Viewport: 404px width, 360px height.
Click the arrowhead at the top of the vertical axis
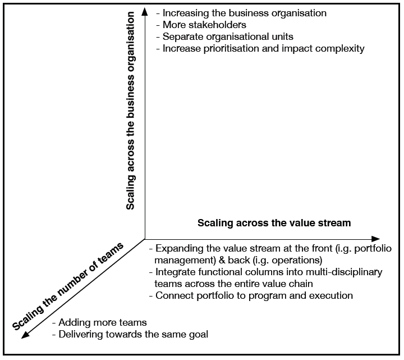coord(145,12)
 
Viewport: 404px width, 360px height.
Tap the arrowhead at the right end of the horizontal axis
coord(375,239)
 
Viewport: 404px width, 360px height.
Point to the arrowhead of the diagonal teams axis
coord(25,335)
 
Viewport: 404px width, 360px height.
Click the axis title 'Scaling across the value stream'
coord(274,223)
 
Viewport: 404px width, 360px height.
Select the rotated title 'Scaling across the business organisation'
coord(130,111)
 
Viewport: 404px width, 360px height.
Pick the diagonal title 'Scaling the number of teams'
coord(68,286)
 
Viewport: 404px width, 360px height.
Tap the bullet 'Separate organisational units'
coord(224,37)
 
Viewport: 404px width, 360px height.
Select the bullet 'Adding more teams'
coord(99,322)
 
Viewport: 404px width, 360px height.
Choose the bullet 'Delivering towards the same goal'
coord(130,334)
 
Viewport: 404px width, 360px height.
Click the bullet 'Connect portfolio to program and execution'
coord(251,295)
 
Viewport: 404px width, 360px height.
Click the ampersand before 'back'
coord(222,260)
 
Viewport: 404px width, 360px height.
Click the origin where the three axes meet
coord(145,239)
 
